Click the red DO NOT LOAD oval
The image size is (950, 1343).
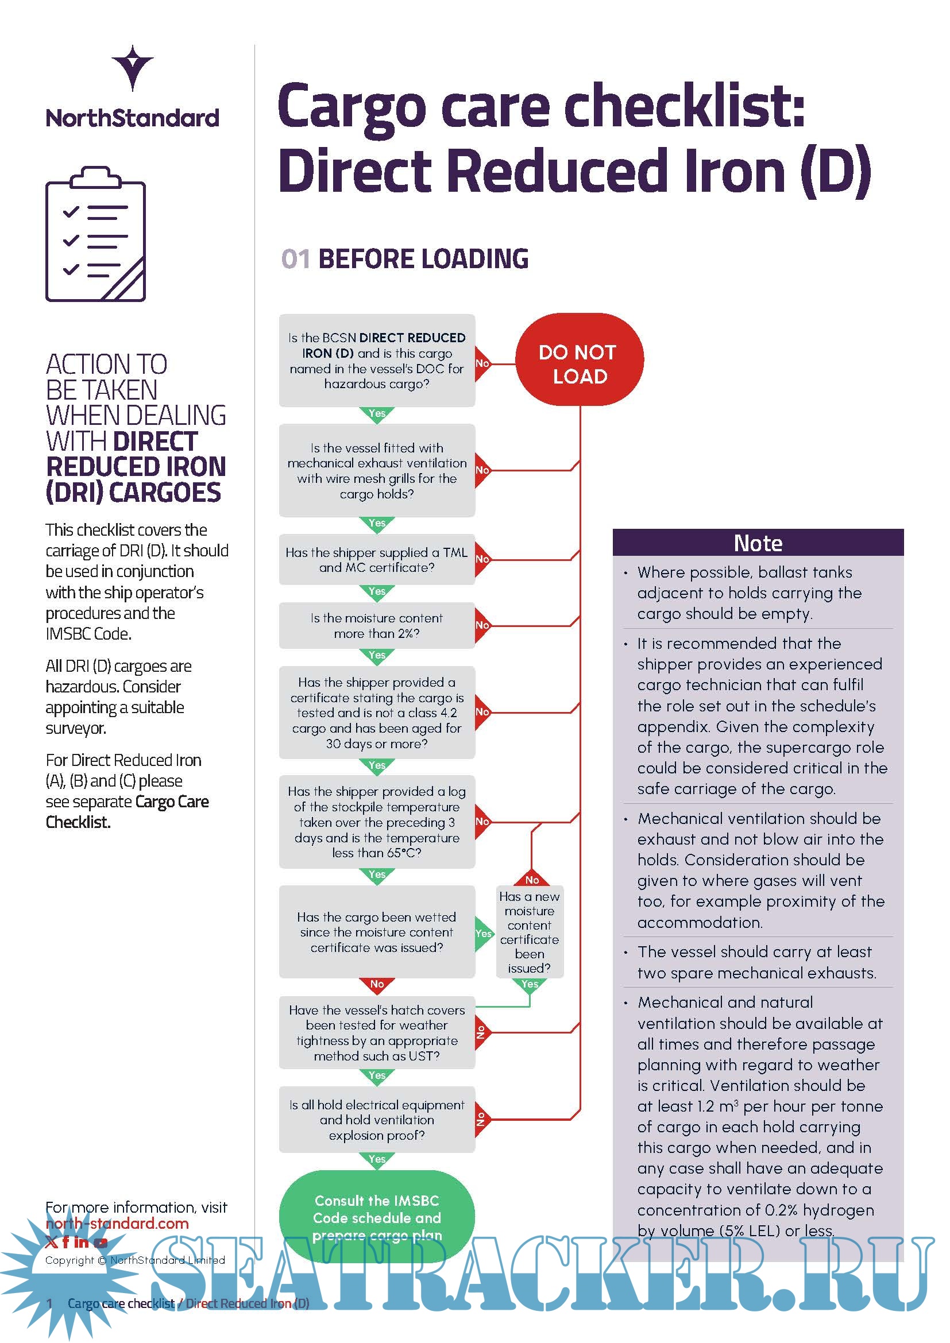[578, 359]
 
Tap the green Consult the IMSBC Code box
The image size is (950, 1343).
[377, 1217]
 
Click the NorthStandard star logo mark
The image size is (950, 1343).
[133, 67]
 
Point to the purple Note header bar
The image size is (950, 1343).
[758, 543]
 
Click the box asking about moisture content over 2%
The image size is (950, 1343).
[377, 625]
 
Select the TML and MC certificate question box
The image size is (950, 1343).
[377, 560]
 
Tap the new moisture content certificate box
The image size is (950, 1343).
[530, 932]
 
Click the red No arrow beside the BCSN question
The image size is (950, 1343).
[482, 363]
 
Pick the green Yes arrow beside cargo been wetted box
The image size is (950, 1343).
[483, 933]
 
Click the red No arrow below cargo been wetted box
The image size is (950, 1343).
[377, 985]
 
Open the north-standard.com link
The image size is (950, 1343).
[117, 1223]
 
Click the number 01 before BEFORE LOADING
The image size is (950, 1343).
[295, 259]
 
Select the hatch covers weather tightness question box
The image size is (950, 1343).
[377, 1033]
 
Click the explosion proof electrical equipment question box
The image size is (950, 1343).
[377, 1120]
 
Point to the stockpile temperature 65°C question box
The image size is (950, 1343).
[377, 822]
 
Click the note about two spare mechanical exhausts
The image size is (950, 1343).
[756, 962]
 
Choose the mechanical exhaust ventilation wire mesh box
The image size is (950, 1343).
[377, 471]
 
